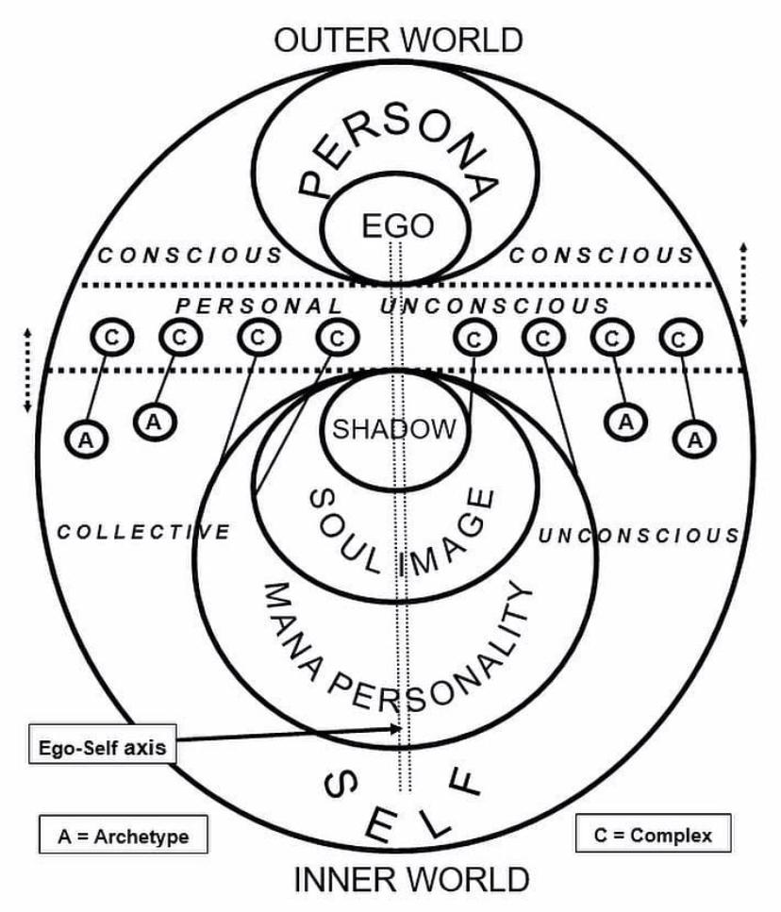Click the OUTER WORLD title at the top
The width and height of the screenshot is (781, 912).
pyautogui.click(x=398, y=41)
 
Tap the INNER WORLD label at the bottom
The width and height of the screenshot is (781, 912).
pyautogui.click(x=411, y=879)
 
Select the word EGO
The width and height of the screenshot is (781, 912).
pyautogui.click(x=398, y=225)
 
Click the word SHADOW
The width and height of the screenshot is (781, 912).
pyautogui.click(x=394, y=429)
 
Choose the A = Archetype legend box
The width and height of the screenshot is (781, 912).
pyautogui.click(x=124, y=837)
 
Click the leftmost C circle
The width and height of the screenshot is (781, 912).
pyautogui.click(x=112, y=337)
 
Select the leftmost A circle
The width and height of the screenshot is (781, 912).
pyautogui.click(x=86, y=439)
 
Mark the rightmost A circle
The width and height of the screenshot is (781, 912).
pyautogui.click(x=695, y=439)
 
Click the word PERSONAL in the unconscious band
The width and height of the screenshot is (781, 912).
pyautogui.click(x=259, y=306)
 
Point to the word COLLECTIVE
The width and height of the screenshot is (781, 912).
pyautogui.click(x=143, y=532)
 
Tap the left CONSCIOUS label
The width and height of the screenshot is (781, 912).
pyautogui.click(x=190, y=256)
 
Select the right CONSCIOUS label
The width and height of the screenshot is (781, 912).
pyautogui.click(x=602, y=256)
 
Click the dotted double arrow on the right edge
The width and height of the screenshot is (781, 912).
pyautogui.click(x=743, y=285)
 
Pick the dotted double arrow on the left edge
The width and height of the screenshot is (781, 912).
pyautogui.click(x=26, y=371)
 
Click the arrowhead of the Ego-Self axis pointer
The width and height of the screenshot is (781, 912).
pyautogui.click(x=398, y=728)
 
